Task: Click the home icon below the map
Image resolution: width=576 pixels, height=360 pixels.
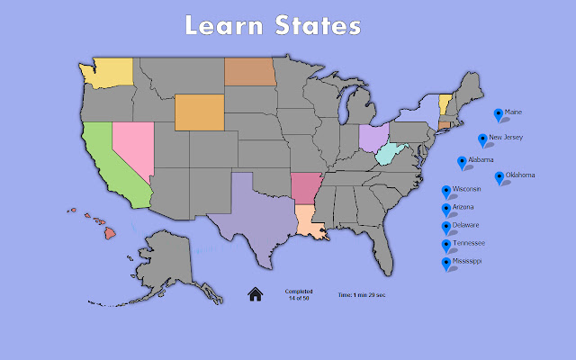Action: [255, 293]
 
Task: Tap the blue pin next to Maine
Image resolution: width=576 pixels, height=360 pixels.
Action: [499, 114]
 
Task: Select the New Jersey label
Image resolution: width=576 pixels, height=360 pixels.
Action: [504, 138]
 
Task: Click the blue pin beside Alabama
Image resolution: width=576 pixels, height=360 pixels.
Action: [463, 162]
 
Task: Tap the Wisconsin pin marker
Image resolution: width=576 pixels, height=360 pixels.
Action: [445, 192]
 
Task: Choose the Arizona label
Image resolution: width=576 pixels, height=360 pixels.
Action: [463, 207]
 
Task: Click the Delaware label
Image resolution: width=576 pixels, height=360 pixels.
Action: [465, 225]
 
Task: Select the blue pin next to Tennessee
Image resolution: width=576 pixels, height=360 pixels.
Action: [445, 246]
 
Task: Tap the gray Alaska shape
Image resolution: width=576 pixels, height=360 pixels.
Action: [167, 260]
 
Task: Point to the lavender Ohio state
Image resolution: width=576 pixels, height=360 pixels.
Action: [372, 138]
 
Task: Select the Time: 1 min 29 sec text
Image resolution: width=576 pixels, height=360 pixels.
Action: [362, 294]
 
